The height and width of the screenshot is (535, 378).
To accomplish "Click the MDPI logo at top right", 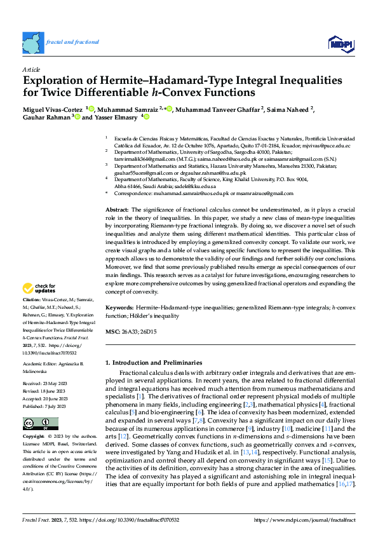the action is [341, 43].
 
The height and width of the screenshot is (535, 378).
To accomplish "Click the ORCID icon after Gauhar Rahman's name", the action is [78, 117].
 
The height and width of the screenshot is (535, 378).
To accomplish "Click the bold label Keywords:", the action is [119, 308].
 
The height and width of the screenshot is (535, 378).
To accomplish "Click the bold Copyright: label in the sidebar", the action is [34, 437].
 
